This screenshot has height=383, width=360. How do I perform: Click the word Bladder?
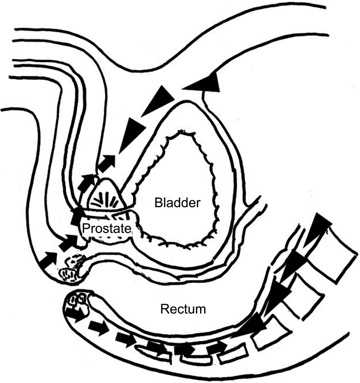(177, 203)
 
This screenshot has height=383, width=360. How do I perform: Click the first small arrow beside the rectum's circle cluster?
(74, 315)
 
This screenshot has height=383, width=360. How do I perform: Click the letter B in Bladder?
(158, 203)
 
